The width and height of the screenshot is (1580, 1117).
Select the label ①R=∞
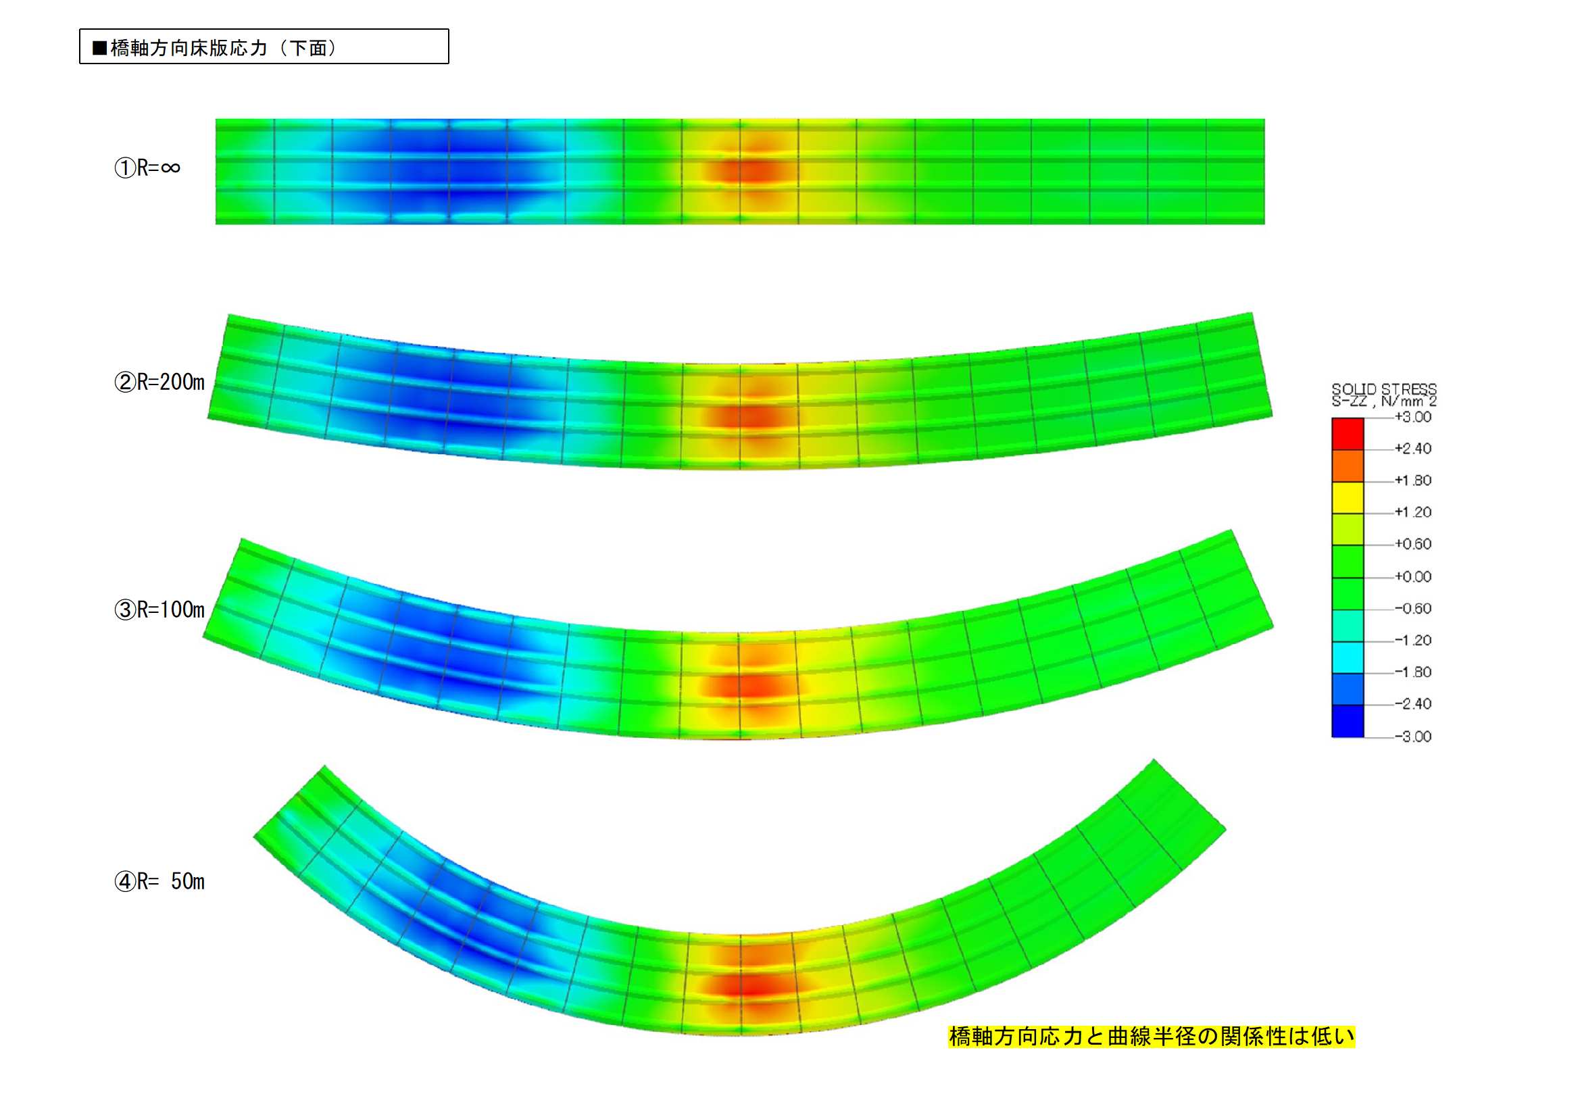147,167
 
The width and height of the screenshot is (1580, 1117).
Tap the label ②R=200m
159,382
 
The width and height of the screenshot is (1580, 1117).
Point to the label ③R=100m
159,609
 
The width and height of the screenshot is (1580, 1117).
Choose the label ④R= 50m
159,881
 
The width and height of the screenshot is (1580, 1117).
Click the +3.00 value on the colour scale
1413,417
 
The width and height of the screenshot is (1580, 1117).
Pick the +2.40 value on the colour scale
1413,449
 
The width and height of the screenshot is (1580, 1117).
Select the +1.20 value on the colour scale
1413,512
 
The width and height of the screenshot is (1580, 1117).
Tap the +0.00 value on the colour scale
1413,576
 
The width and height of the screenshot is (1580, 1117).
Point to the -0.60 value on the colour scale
1413,608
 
